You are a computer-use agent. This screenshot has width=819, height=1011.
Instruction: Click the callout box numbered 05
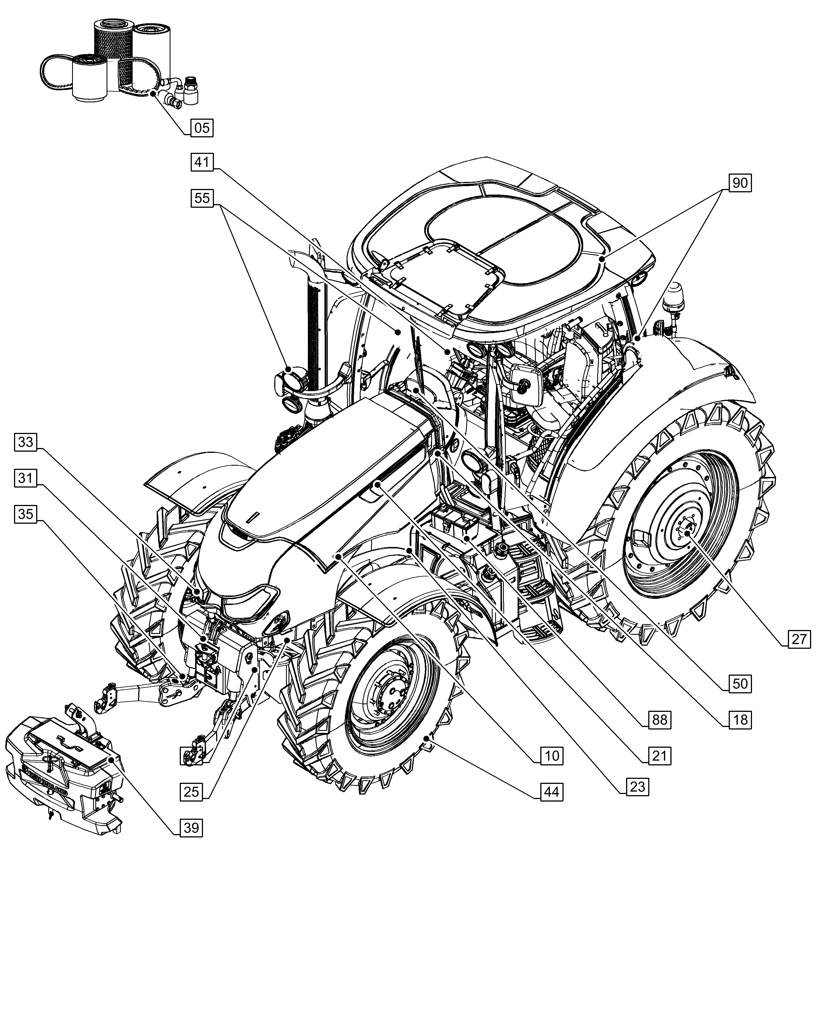click(x=202, y=128)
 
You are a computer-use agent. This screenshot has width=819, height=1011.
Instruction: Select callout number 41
click(x=202, y=162)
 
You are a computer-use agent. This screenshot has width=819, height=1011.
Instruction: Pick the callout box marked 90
click(x=740, y=183)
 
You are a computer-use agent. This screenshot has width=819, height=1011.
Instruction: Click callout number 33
click(x=26, y=442)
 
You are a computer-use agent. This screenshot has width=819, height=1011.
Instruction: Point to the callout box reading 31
click(x=26, y=478)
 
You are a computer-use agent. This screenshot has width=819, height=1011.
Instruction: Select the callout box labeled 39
click(x=191, y=828)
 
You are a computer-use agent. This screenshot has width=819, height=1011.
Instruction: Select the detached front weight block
click(x=64, y=774)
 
